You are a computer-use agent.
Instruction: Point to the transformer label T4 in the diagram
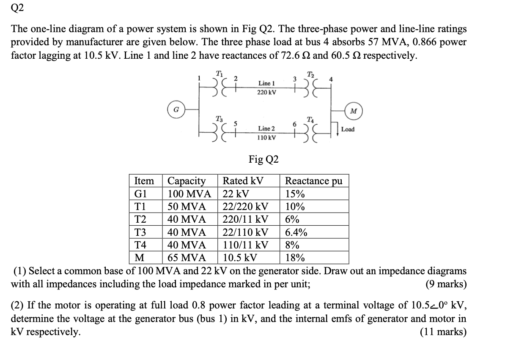pos(310,118)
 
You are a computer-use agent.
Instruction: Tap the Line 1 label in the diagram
pos(267,84)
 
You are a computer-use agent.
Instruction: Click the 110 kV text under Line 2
pos(267,138)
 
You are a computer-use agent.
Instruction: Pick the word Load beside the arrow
pos(348,129)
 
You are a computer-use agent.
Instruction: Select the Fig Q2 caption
pos(263,159)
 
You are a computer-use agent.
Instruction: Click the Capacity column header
pos(187,181)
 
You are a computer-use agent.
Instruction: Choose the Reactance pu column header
pos(313,181)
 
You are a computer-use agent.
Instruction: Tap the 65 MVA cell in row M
pos(187,258)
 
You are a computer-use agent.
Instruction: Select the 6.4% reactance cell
pos(296,232)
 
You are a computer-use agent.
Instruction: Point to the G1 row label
pos(140,194)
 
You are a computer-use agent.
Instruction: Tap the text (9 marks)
pos(446,284)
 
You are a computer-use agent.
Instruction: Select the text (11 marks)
pos(443,332)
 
